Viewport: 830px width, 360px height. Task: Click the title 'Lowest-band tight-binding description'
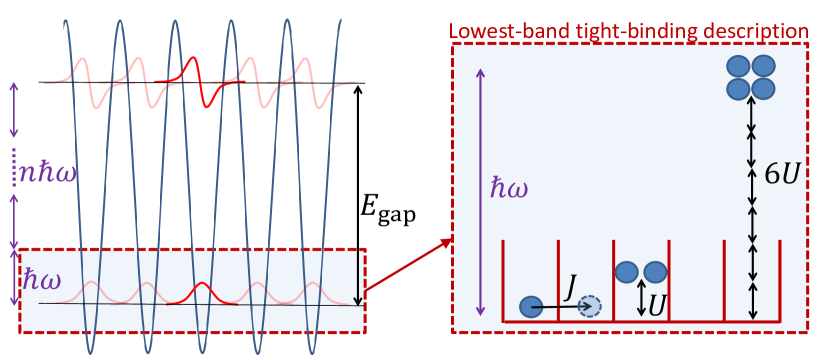click(628, 31)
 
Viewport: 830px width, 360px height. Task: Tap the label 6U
click(782, 174)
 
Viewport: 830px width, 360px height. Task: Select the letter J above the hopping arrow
click(570, 287)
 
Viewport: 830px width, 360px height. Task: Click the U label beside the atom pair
click(657, 306)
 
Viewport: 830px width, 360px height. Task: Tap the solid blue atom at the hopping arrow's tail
click(531, 307)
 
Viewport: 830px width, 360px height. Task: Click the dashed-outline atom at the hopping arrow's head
click(590, 307)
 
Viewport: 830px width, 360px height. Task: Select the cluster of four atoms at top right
click(751, 77)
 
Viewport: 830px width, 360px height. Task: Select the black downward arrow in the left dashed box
click(357, 277)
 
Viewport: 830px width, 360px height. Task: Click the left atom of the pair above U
click(627, 272)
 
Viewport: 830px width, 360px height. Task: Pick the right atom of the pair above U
click(655, 272)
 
